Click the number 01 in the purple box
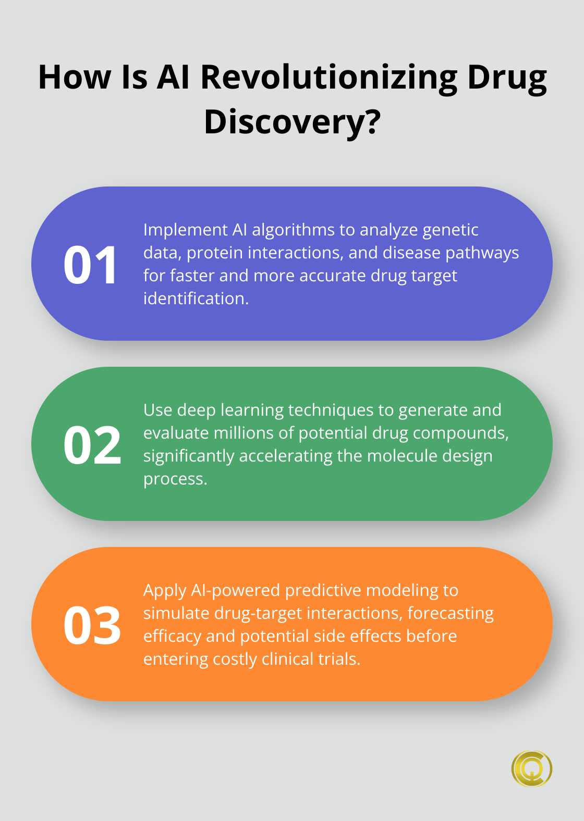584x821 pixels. click(x=90, y=265)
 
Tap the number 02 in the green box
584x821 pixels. click(x=92, y=445)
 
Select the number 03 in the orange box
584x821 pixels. click(x=92, y=626)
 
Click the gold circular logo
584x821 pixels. click(x=531, y=768)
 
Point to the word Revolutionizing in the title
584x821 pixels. click(x=328, y=78)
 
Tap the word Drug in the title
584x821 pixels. click(x=507, y=78)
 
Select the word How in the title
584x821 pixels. click(x=75, y=78)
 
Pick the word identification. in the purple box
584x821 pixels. click(x=196, y=298)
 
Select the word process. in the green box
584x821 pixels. click(x=175, y=479)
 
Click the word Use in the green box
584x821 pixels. click(x=158, y=410)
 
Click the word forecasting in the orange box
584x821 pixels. click(x=451, y=613)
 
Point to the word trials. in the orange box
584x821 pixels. click(x=339, y=659)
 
